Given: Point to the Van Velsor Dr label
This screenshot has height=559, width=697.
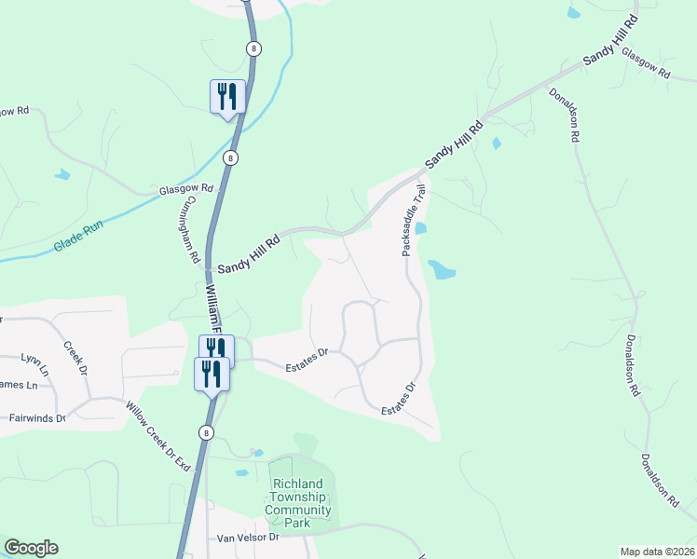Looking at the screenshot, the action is pyautogui.click(x=247, y=538).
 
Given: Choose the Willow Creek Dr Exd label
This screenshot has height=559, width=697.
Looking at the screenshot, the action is pyautogui.click(x=157, y=436).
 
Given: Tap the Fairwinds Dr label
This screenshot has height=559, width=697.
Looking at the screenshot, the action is pyautogui.click(x=35, y=419).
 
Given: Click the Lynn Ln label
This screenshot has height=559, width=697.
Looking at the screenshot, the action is pyautogui.click(x=34, y=359).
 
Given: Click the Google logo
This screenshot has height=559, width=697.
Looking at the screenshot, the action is pyautogui.click(x=31, y=548).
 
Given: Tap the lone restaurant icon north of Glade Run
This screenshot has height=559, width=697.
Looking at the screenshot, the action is pyautogui.click(x=227, y=96).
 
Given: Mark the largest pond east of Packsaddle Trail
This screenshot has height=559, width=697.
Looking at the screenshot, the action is pyautogui.click(x=442, y=271).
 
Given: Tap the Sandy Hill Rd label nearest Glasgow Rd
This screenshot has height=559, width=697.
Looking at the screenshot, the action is pyautogui.click(x=609, y=40).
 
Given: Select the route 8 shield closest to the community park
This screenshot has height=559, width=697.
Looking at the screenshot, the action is pyautogui.click(x=206, y=432).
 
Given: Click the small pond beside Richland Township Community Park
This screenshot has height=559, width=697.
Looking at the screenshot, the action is pyautogui.click(x=241, y=472).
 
